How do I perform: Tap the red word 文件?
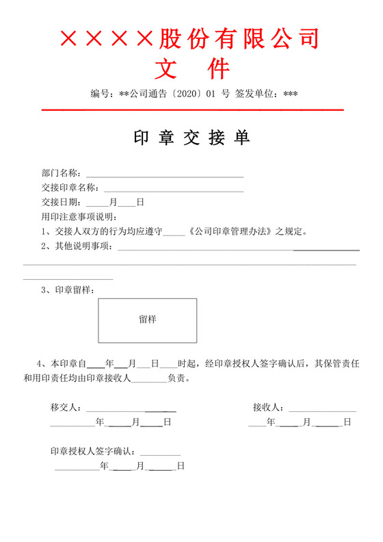[191, 69]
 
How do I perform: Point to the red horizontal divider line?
[192, 110]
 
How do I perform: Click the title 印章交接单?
[191, 138]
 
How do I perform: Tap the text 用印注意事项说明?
[79, 217]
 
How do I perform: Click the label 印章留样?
[75, 290]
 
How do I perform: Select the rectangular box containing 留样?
[147, 320]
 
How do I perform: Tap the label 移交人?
[66, 407]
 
